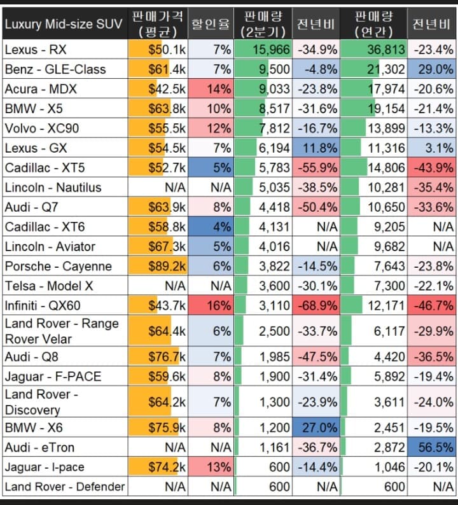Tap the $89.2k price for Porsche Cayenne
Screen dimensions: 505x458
(x=167, y=266)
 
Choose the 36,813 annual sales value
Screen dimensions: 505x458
(x=381, y=50)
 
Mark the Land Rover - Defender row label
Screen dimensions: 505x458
(x=64, y=487)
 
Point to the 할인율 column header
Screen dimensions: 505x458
(x=211, y=24)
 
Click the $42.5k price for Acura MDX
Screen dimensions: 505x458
(x=167, y=89)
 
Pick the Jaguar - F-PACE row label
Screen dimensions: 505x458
(x=53, y=377)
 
